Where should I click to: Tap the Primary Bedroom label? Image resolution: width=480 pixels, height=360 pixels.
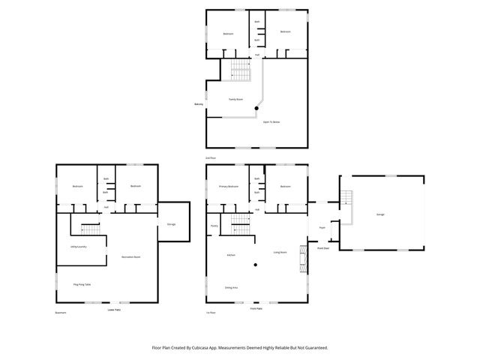(x=229, y=186)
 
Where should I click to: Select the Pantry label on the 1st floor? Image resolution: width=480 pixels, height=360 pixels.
(x=214, y=226)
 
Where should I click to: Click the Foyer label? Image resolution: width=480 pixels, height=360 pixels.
(x=322, y=228)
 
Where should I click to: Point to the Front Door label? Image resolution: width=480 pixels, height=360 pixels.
(x=323, y=247)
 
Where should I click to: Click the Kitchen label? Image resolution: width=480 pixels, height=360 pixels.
(x=231, y=256)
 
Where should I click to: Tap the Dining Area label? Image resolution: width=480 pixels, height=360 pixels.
(x=231, y=287)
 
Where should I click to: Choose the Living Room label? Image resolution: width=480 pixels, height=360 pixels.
(x=280, y=253)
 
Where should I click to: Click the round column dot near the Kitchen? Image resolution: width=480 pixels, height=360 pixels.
(x=256, y=265)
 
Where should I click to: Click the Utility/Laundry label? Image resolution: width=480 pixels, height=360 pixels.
(x=78, y=246)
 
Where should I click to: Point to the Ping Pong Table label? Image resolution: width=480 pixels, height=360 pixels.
(x=82, y=285)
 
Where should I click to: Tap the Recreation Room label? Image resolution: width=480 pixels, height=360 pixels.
(x=131, y=257)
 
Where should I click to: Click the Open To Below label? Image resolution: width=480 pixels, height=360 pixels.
(x=271, y=121)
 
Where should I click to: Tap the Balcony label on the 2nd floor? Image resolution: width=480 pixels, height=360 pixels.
(x=199, y=104)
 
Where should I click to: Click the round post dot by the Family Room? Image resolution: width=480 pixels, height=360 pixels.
(x=256, y=109)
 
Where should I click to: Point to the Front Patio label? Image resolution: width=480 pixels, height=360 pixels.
(x=256, y=308)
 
